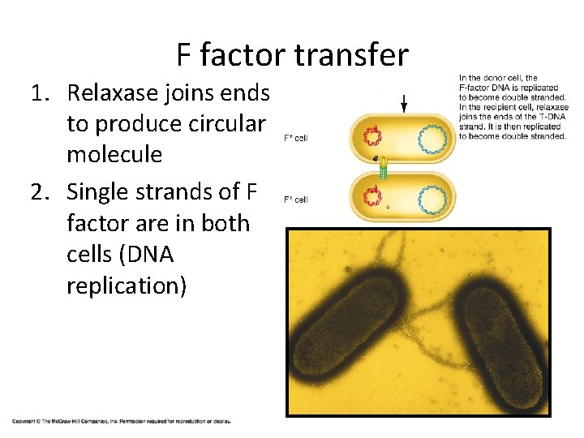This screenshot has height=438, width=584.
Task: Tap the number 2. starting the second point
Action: click(x=41, y=191)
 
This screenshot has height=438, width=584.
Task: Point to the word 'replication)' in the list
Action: click(x=127, y=285)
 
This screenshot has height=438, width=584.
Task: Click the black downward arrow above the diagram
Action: click(x=404, y=102)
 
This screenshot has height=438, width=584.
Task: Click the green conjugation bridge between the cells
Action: click(x=384, y=170)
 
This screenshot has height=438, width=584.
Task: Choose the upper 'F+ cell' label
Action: click(x=295, y=139)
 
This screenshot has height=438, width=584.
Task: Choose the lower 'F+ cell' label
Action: click(x=295, y=200)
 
